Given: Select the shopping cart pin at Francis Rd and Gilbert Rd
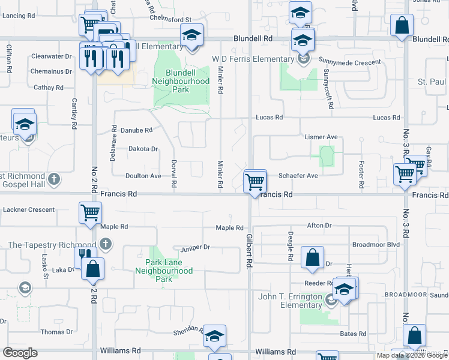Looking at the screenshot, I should pyautogui.click(x=255, y=182).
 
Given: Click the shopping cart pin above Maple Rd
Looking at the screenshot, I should pyautogui.click(x=90, y=213).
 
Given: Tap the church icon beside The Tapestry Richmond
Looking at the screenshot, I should pyautogui.click(x=106, y=244).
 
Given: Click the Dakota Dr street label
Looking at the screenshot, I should pyautogui.click(x=143, y=149).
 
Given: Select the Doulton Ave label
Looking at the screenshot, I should pyautogui.click(x=143, y=176).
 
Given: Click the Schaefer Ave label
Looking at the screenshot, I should pyautogui.click(x=298, y=176).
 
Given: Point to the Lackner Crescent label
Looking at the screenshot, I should pyautogui.click(x=29, y=210).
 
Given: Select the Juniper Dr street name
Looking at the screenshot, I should pyautogui.click(x=194, y=247).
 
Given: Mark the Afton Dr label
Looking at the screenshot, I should pyautogui.click(x=319, y=226).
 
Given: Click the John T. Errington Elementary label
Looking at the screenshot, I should pyautogui.click(x=292, y=301).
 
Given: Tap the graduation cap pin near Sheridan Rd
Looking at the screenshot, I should pyautogui.click(x=214, y=337).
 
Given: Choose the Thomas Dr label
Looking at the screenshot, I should pyautogui.click(x=56, y=332).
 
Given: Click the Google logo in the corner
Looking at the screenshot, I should pyautogui.click(x=20, y=353).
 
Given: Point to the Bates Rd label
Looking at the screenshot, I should pyautogui.click(x=353, y=334).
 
